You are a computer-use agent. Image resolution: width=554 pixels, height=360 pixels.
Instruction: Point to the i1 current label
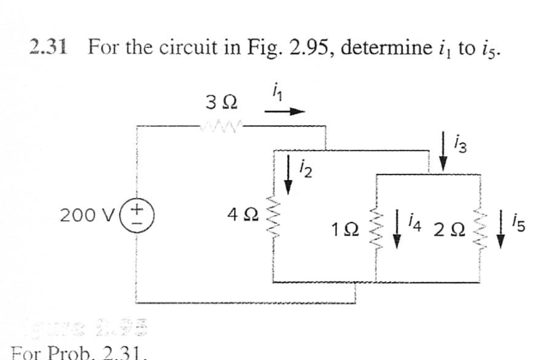[x=274, y=88]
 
